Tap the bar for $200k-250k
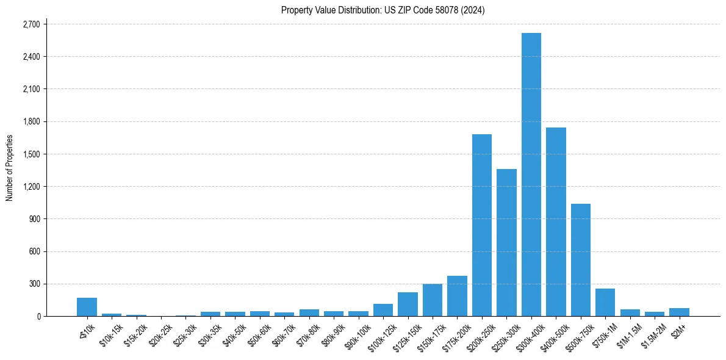[482, 225]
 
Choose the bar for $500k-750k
[580, 260]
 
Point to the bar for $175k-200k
[457, 296]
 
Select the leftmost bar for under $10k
[87, 307]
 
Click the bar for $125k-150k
[408, 304]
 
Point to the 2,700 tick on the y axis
[31, 24]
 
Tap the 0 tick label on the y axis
[38, 316]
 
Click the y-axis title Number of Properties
[10, 168]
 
